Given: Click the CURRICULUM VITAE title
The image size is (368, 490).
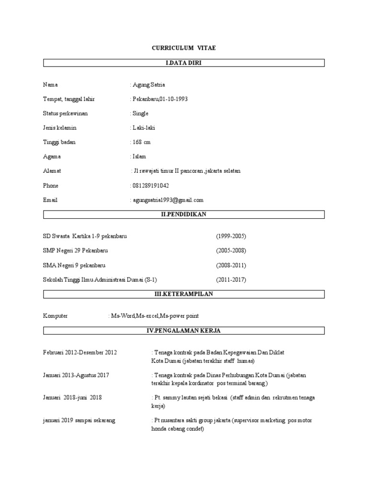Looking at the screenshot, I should pyautogui.click(x=184, y=48).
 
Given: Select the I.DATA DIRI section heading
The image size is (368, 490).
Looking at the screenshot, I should pyautogui.click(x=184, y=63).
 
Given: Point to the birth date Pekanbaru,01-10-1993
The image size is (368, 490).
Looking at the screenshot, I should pyautogui.click(x=160, y=99).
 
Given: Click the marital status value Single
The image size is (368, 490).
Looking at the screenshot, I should pyautogui.click(x=140, y=113).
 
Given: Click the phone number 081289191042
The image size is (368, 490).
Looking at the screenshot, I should pyautogui.click(x=150, y=185).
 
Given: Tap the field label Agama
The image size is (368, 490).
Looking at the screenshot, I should pyautogui.click(x=52, y=156).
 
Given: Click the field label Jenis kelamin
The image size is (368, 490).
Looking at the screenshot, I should pyautogui.click(x=60, y=128).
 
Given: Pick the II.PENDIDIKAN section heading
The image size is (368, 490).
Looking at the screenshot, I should pyautogui.click(x=184, y=214).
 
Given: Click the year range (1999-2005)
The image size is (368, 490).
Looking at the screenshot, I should pyautogui.click(x=231, y=236).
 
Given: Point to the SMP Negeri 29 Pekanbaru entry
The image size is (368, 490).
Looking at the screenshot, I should pyautogui.click(x=75, y=251).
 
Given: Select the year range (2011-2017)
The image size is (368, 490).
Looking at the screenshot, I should pyautogui.click(x=231, y=279).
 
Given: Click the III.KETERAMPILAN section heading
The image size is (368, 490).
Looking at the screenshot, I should pyautogui.click(x=184, y=294).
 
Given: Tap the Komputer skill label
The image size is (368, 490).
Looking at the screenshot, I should pyautogui.click(x=56, y=316).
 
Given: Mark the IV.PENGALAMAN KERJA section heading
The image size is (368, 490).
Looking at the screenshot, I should pyautogui.click(x=184, y=331).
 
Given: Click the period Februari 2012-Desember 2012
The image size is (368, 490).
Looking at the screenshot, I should pyautogui.click(x=80, y=353).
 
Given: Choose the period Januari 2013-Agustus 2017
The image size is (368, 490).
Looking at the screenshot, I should pyautogui.click(x=76, y=375).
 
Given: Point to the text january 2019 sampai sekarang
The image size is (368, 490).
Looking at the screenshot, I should pyautogui.click(x=79, y=420).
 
